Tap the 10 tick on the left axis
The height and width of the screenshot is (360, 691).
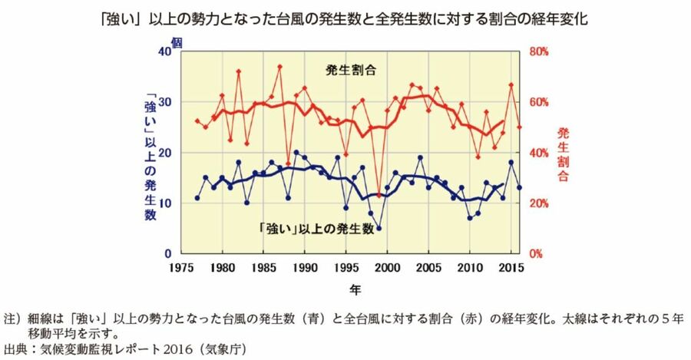166,203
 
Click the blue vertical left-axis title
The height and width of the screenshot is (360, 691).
150,157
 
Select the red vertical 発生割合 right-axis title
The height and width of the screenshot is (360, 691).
564,154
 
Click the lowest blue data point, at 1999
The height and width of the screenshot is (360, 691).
379,228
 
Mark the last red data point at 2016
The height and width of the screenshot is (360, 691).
520,127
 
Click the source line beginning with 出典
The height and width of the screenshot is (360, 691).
125,348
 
